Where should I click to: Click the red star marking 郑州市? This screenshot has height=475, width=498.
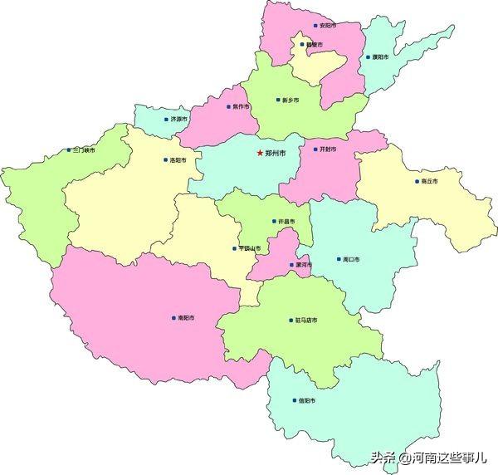point(260,153)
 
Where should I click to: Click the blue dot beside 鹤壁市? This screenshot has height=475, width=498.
point(302,44)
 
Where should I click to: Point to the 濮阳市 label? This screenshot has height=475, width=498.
point(381,57)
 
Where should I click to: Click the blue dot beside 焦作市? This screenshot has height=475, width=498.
point(227,106)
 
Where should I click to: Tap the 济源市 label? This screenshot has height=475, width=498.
point(178,119)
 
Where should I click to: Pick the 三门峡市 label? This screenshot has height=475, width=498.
point(84,150)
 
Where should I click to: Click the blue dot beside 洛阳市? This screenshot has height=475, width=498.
point(164,159)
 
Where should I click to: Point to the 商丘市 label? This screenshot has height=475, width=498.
point(429,181)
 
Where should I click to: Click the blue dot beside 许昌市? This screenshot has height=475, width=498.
point(274,221)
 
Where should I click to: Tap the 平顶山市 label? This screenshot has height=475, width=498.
point(250,248)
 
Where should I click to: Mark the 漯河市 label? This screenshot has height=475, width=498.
point(304,265)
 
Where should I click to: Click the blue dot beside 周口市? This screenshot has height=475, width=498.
point(338,259)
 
